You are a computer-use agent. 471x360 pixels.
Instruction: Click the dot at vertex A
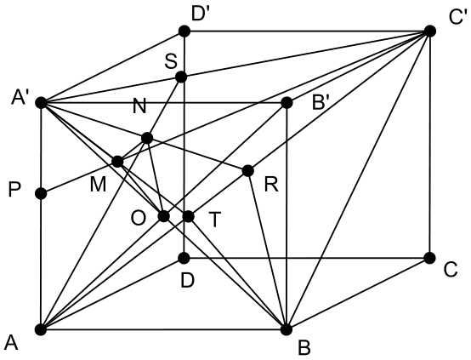[41, 329]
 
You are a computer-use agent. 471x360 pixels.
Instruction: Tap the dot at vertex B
[287, 329]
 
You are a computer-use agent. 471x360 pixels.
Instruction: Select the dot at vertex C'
[430, 31]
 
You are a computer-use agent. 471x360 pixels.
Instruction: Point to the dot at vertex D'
[184, 31]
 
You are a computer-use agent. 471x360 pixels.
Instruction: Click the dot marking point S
[181, 77]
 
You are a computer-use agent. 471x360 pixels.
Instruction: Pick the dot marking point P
[41, 193]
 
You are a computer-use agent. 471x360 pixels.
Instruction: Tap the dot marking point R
[247, 171]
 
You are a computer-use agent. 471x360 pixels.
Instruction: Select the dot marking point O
[164, 216]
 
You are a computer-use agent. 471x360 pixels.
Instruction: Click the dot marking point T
[189, 216]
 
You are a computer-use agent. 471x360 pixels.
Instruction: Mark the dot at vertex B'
[287, 103]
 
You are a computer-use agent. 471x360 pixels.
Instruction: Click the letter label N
[139, 106]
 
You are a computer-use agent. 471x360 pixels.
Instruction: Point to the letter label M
[98, 185]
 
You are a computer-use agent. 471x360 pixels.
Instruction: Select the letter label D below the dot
[188, 281]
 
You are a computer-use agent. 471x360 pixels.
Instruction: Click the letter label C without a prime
[451, 270]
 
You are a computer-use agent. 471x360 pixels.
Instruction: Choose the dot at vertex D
[184, 258]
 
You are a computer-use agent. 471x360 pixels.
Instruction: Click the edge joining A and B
[164, 329]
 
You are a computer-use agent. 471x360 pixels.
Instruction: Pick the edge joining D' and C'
[307, 31]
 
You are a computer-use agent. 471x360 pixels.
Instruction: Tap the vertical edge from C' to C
[430, 145]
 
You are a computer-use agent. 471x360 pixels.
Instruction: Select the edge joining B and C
[358, 294]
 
